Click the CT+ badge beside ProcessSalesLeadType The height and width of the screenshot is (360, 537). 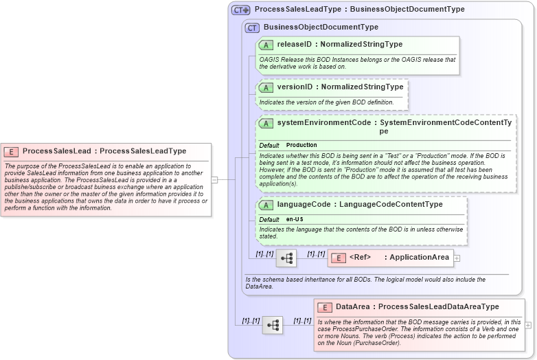(240, 10)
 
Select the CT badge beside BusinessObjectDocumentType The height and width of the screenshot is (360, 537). (252, 27)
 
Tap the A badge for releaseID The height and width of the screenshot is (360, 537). (266, 45)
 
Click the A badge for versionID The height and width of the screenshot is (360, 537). (266, 87)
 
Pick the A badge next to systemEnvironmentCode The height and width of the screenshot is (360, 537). (266, 123)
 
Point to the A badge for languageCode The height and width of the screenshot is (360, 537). (266, 205)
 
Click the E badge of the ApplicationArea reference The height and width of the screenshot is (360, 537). (339, 258)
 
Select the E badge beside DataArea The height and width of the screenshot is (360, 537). (324, 307)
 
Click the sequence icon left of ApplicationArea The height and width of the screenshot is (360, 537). (286, 258)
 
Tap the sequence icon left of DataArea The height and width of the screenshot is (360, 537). (273, 325)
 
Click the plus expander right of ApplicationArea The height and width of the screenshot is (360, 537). (457, 258)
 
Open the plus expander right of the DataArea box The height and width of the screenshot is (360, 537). (528, 325)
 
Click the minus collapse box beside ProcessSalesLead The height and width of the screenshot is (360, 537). (215, 180)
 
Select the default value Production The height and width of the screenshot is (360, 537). (301, 146)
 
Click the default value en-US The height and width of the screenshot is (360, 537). (295, 219)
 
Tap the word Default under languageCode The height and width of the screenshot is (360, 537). (269, 219)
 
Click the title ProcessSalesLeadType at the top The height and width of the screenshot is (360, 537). (286, 10)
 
